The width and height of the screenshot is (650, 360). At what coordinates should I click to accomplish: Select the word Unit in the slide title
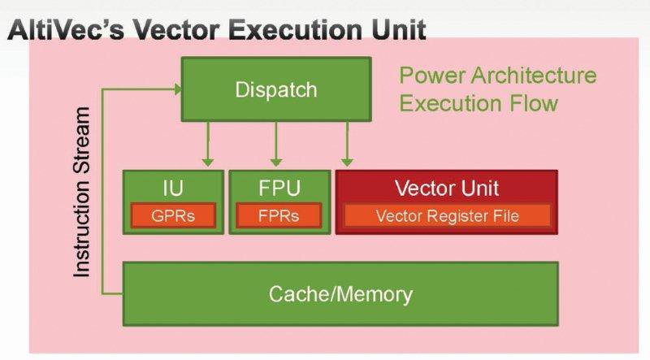[x=395, y=31]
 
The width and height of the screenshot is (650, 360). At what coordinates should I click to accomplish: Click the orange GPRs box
[x=171, y=216]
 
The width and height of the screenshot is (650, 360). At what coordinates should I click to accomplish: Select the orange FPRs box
[x=276, y=216]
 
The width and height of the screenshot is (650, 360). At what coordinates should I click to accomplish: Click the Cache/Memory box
[x=340, y=293]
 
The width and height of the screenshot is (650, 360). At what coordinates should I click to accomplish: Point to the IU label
[x=171, y=189]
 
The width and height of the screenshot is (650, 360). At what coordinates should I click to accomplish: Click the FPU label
[x=276, y=189]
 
